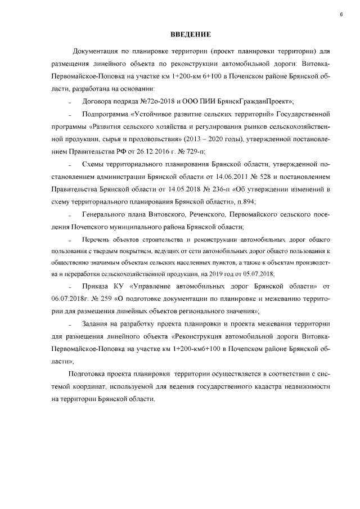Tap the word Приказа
click(x=96, y=286)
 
